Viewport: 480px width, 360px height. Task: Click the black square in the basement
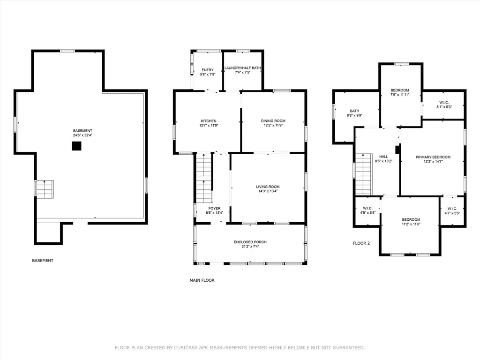(76, 146)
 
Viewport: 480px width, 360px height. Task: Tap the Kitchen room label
(209, 121)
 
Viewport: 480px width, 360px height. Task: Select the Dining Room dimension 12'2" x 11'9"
(273, 125)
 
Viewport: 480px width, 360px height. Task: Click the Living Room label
(268, 187)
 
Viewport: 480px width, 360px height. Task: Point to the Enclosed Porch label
(250, 242)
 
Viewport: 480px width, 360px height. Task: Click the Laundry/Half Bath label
(243, 68)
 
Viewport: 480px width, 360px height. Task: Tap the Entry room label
(208, 70)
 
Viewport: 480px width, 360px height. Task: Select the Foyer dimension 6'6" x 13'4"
(214, 213)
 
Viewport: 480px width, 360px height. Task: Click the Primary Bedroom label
(433, 157)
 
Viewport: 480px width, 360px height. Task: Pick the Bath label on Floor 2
(354, 111)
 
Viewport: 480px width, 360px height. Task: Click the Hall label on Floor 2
(383, 157)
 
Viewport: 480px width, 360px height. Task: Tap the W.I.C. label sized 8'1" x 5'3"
(444, 103)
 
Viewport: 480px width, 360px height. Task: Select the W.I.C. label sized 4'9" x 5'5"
(367, 209)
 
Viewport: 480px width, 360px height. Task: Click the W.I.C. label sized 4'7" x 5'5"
(452, 209)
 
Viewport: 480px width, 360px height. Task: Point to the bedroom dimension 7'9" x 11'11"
(400, 95)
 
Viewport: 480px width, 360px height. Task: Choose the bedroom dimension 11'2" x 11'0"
(411, 224)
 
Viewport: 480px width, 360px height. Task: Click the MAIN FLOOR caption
(202, 280)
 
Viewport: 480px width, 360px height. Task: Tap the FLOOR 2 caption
(361, 243)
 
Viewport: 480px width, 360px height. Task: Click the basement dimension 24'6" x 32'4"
(82, 135)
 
